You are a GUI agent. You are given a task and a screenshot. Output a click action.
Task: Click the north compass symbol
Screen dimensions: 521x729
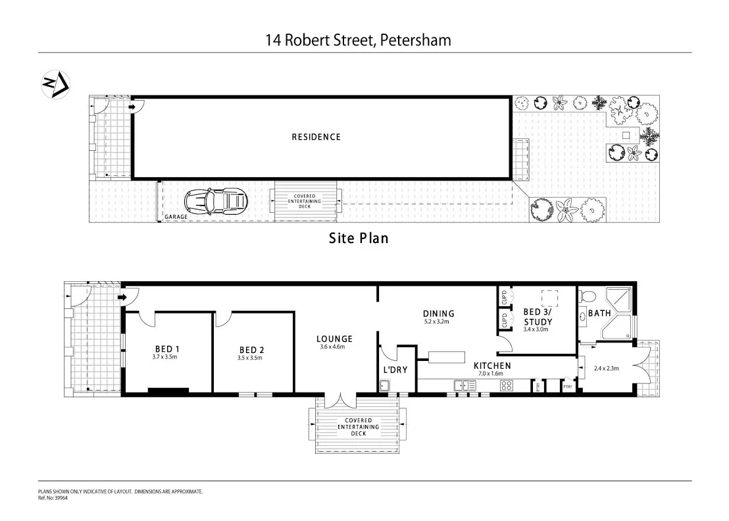55,84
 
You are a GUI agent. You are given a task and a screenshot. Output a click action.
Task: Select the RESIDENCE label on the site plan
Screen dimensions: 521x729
316,137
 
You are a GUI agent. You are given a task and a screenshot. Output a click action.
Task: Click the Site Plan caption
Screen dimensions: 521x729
359,238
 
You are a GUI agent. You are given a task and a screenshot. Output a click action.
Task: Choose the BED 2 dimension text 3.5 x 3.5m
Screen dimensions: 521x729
250,358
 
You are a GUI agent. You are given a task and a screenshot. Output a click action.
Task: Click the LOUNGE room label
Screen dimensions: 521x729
334,339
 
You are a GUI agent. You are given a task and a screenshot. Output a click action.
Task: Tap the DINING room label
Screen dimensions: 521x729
439,314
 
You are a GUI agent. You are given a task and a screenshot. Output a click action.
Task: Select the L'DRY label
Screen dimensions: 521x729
395,370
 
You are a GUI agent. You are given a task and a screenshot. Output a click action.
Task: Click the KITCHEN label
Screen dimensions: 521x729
492,366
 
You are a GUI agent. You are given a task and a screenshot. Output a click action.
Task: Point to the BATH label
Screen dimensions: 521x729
599,314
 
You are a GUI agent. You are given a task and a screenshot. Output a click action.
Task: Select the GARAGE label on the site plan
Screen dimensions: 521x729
176,216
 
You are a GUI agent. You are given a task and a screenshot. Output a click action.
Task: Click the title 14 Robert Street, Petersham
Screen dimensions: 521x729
359,40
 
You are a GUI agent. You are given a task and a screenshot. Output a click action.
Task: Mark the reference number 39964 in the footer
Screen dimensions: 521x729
61,498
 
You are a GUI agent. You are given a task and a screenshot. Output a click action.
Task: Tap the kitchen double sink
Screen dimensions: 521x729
465,385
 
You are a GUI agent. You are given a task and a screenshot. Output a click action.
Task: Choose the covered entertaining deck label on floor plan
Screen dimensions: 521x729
359,426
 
